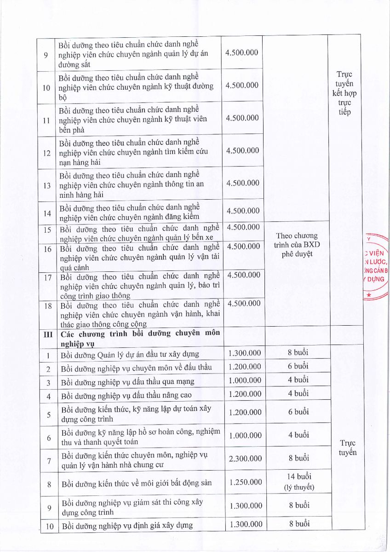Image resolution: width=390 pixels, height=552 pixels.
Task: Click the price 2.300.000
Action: [245, 459]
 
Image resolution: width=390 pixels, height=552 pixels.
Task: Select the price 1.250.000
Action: [245, 482]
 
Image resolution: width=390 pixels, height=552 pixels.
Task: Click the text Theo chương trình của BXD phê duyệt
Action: [297, 245]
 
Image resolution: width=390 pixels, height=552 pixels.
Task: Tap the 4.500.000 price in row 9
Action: [242, 52]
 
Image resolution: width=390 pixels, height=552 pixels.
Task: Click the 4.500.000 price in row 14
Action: [242, 211]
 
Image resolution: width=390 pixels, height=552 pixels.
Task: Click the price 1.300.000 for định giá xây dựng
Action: [245, 524]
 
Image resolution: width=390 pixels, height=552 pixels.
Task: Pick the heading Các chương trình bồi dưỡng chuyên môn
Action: [140, 333]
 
